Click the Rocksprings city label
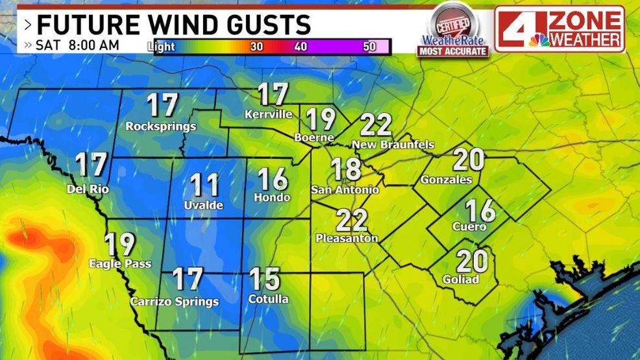click(161, 126)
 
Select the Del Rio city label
click(88, 189)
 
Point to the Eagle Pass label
click(120, 264)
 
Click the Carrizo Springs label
click(175, 302)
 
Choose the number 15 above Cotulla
click(265, 279)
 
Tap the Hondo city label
click(272, 197)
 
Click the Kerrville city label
click(269, 115)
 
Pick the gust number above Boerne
click(320, 119)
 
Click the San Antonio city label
click(345, 190)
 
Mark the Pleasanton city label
click(347, 239)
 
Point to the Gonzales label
click(447, 179)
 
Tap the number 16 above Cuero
click(481, 210)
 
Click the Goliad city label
click(460, 280)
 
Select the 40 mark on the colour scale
click(300, 47)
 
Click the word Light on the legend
click(161, 47)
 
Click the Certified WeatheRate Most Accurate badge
click(453, 29)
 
